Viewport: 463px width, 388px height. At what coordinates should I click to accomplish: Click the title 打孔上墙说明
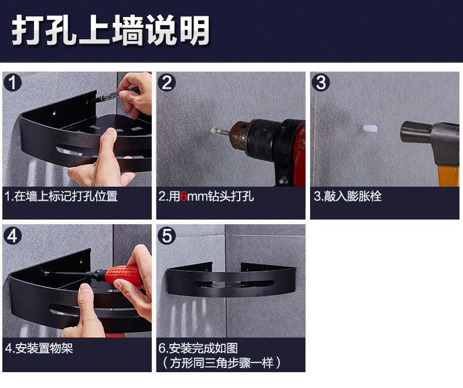tap(110, 30)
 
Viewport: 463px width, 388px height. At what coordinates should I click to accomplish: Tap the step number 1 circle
tap(12, 83)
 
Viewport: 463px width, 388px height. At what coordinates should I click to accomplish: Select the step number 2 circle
tap(166, 83)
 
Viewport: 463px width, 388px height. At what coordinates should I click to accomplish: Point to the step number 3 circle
tap(321, 83)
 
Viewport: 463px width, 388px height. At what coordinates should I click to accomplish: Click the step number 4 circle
tap(12, 236)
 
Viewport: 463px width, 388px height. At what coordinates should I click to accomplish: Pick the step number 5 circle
tap(166, 236)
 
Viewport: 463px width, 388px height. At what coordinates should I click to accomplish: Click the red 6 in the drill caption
tap(183, 197)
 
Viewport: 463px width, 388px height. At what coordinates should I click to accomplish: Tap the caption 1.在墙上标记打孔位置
tap(61, 197)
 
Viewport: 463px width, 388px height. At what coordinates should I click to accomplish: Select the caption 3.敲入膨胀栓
tap(348, 197)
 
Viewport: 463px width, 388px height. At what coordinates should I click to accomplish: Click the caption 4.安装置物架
tap(39, 348)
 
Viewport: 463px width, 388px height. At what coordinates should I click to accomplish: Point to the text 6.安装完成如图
tap(198, 348)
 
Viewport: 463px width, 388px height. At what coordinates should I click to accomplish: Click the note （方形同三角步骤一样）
tap(221, 363)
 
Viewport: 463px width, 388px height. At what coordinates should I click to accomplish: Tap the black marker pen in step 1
tap(116, 95)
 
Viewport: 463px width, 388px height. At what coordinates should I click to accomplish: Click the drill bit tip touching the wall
tap(212, 130)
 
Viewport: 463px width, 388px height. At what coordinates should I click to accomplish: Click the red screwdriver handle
tap(125, 275)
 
